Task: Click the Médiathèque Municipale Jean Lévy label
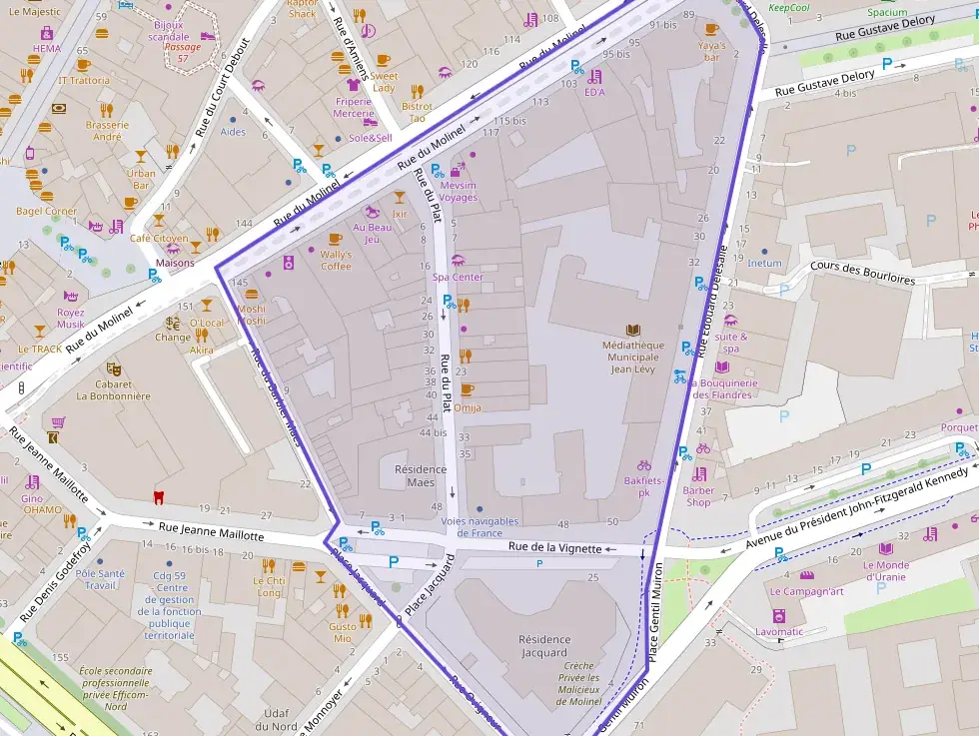631,358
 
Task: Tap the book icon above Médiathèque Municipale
631,330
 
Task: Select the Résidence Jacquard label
543,646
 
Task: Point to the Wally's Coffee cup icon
336,240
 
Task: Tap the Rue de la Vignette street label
554,547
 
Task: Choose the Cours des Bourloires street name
862,274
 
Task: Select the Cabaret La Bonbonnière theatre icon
113,368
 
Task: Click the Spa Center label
458,277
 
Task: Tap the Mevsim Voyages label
458,191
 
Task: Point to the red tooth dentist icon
156,496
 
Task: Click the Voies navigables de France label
480,527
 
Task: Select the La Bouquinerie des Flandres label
724,388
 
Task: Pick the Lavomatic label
779,631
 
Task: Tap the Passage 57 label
182,53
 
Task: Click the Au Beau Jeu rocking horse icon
372,212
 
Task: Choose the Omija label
467,407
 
